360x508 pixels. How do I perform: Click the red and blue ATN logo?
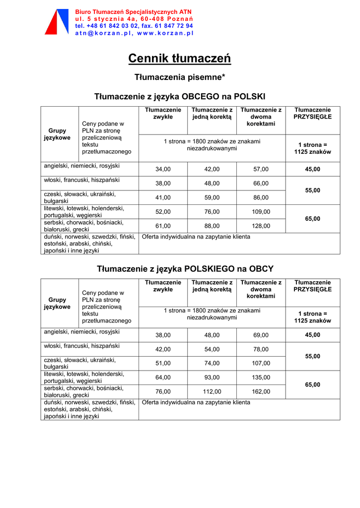point(56,22)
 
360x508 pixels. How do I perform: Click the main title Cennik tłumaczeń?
point(180,59)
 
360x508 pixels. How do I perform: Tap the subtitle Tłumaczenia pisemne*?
point(180,77)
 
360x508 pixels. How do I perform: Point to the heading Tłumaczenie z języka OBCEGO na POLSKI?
point(180,96)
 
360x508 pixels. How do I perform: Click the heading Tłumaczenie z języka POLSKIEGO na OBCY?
point(185,269)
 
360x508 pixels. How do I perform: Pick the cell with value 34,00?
point(163,169)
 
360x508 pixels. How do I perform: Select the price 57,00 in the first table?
point(261,169)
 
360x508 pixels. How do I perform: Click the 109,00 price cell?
point(261,212)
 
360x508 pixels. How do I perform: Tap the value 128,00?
point(261,226)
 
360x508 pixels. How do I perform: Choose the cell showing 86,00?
point(261,197)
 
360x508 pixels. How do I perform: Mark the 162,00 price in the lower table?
point(261,392)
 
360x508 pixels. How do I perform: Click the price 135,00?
point(261,378)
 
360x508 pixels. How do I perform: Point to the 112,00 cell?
point(212,392)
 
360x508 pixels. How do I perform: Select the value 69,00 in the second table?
point(261,335)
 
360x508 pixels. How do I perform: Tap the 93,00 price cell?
point(212,378)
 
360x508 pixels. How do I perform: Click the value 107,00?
point(261,363)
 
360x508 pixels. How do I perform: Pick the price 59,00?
point(212,197)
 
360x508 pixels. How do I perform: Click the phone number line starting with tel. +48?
point(134,26)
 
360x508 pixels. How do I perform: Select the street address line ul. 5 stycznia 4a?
point(134,18)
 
